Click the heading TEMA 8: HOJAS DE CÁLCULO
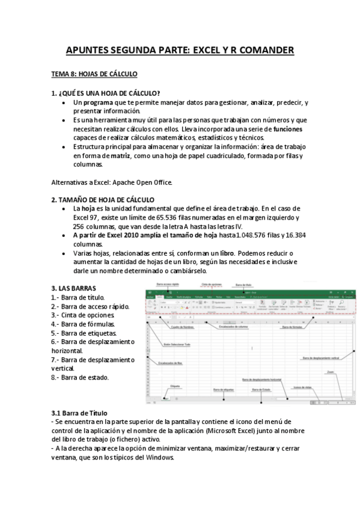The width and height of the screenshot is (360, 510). [94, 74]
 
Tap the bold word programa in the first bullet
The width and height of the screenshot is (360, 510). [99, 103]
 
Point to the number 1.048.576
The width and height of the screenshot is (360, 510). [257, 235]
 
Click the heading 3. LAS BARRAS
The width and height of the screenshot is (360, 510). [74, 287]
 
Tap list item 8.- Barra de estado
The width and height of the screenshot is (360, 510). [80, 377]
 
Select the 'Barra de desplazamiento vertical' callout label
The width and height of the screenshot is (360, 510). [321, 358]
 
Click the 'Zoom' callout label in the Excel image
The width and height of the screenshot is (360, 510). [331, 372]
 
